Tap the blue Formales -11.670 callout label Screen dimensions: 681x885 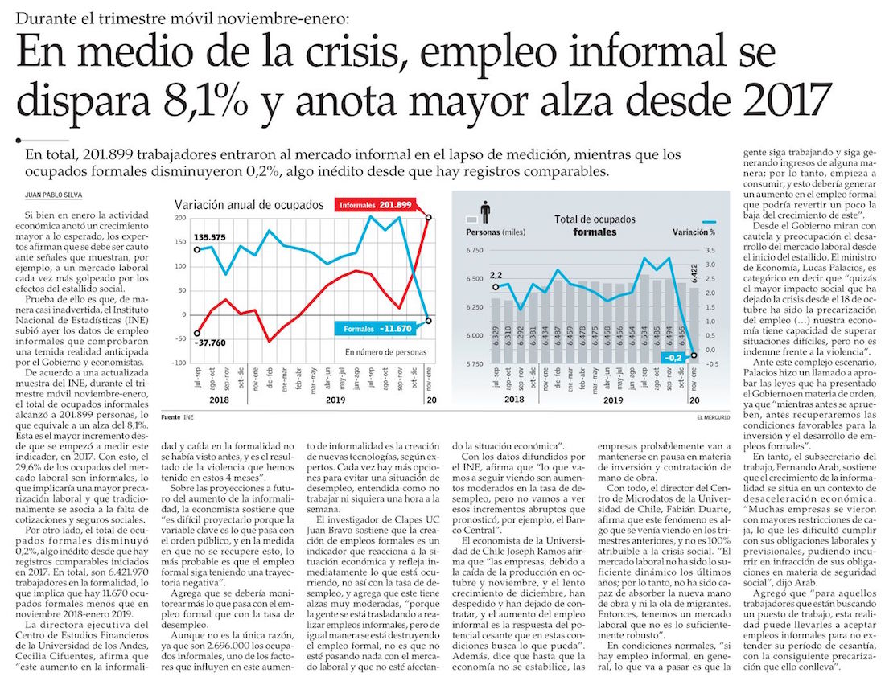coord(377,328)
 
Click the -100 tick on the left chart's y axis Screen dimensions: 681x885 coord(178,363)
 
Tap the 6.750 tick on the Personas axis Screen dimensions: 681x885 coord(474,252)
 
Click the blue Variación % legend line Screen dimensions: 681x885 coord(709,221)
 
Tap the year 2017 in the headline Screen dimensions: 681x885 coord(787,101)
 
